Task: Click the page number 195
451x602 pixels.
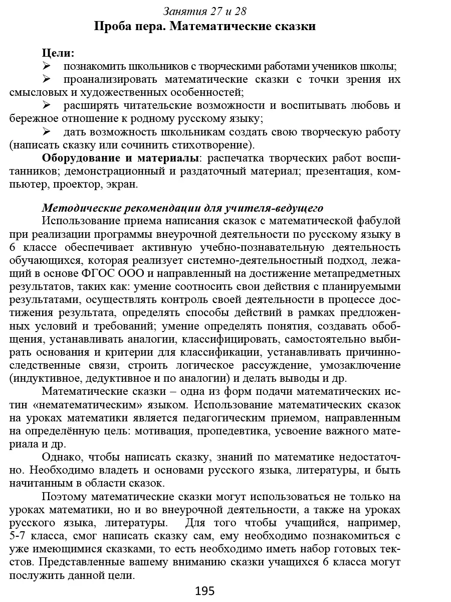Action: (205, 591)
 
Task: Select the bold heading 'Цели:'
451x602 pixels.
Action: (58, 53)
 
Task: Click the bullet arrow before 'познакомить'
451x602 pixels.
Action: (47, 66)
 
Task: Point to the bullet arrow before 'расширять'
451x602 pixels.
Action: (47, 105)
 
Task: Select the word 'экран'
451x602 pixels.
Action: (121, 184)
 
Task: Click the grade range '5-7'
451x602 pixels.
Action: (20, 536)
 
